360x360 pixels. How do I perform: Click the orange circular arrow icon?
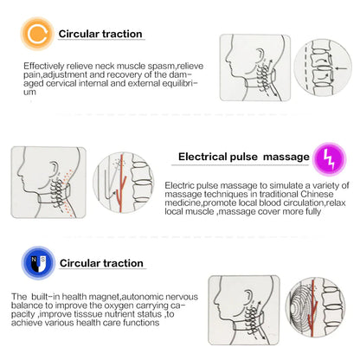pyautogui.click(x=36, y=34)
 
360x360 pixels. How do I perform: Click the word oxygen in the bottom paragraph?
pyautogui.click(x=109, y=305)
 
